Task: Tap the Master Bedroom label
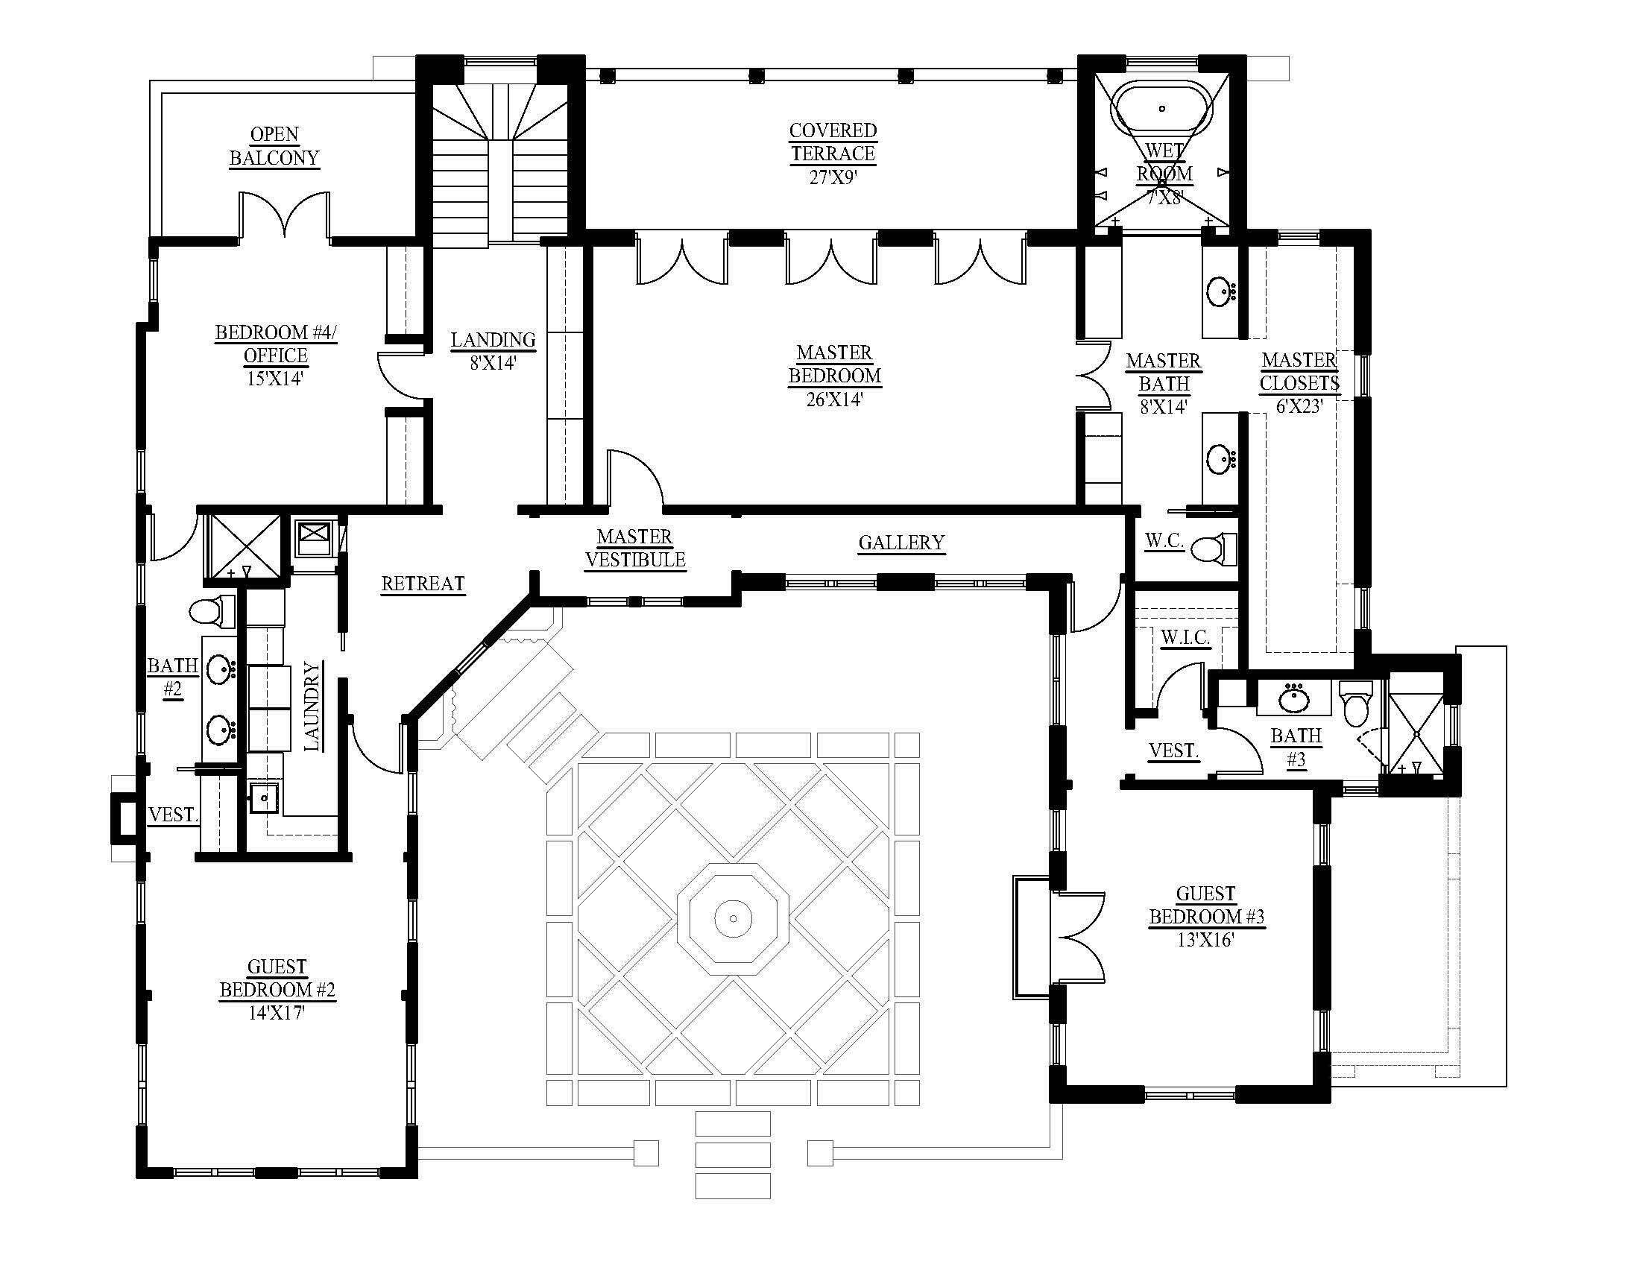tap(834, 364)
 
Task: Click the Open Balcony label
tap(274, 146)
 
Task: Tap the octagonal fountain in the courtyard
tap(733, 917)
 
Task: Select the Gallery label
tap(901, 543)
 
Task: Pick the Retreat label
tap(423, 584)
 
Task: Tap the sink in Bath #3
tap(1294, 699)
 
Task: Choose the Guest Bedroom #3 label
tap(1206, 906)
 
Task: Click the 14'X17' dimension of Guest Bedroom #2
tap(277, 1013)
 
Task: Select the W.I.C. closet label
tap(1185, 638)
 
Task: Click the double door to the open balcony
tap(284, 215)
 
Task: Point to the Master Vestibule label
tap(634, 548)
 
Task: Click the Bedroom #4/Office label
tap(276, 344)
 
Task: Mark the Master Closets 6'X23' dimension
tap(1299, 407)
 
